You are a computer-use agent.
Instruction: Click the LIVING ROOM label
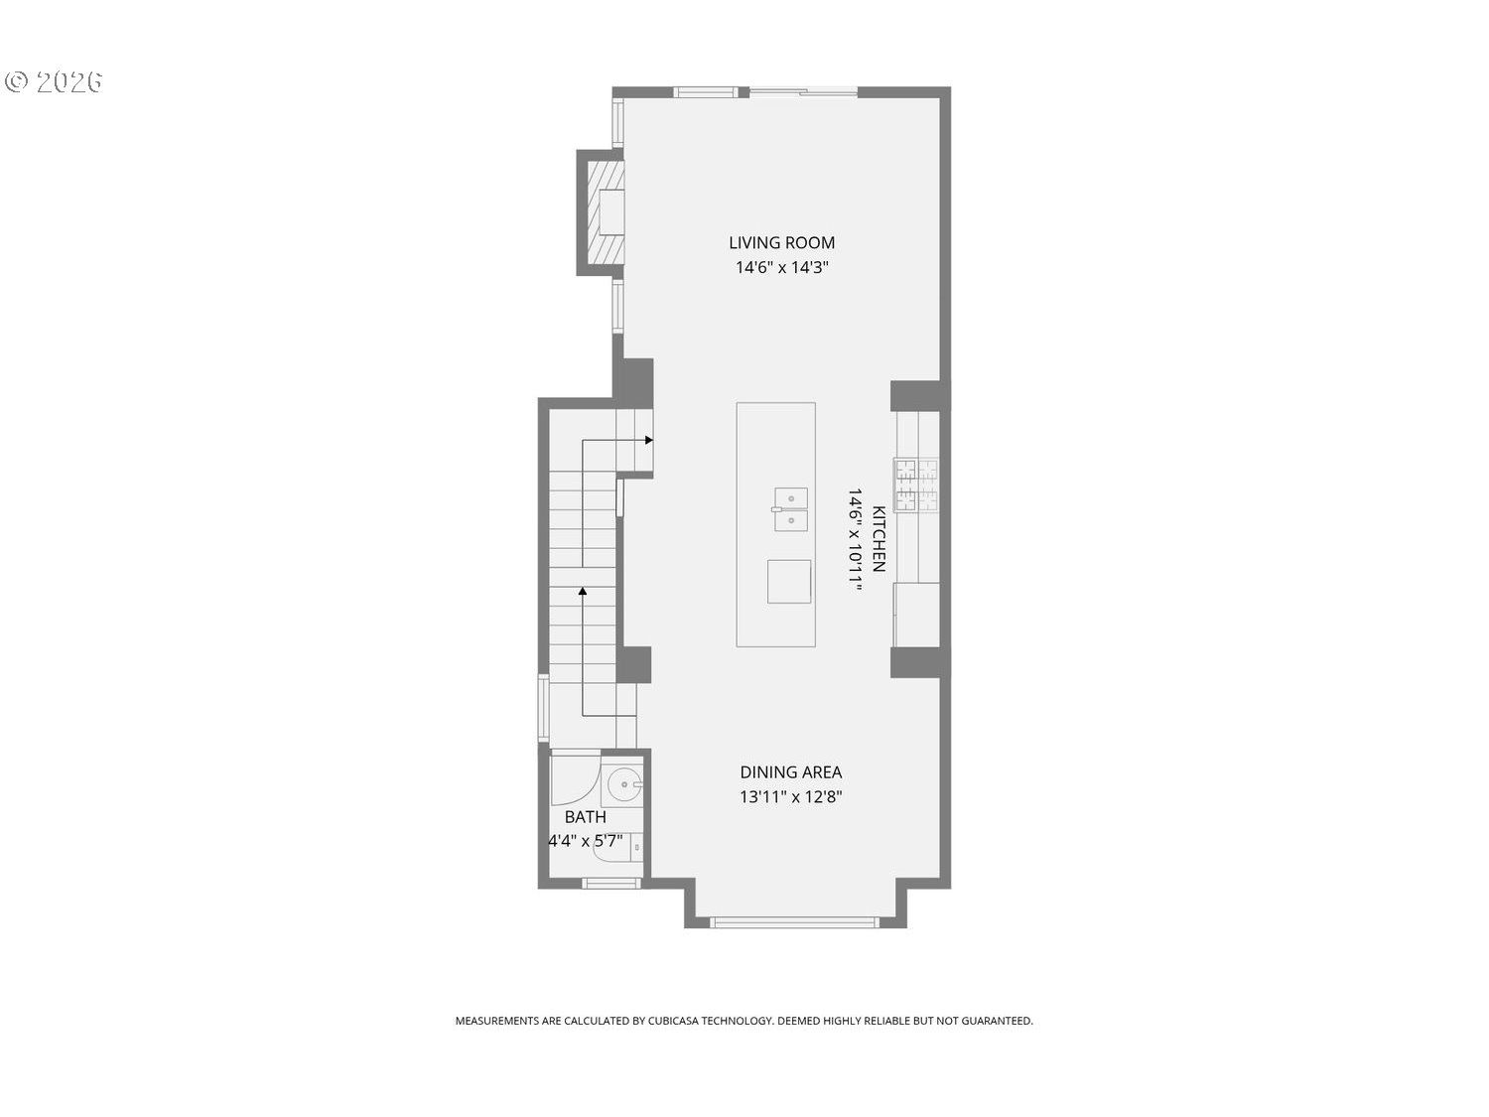click(781, 242)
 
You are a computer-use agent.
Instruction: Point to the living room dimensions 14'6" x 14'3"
click(781, 267)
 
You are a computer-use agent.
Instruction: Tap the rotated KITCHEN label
click(879, 539)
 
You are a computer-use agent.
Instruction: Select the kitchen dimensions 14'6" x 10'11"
click(855, 539)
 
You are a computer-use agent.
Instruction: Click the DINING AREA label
click(790, 771)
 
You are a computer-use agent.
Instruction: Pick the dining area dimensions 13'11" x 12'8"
click(790, 796)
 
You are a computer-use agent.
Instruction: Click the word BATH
click(585, 817)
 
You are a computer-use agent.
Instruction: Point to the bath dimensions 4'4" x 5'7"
click(586, 842)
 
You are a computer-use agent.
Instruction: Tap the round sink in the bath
click(624, 785)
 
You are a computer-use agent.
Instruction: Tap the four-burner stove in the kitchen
click(916, 485)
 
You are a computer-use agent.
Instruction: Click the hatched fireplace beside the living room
click(605, 211)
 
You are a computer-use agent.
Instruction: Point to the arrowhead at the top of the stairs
click(648, 440)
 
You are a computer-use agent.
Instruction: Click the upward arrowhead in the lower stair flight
click(583, 592)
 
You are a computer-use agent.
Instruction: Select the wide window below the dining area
click(794, 922)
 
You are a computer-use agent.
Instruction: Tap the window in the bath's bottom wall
click(611, 883)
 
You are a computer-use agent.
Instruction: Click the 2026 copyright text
click(55, 81)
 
